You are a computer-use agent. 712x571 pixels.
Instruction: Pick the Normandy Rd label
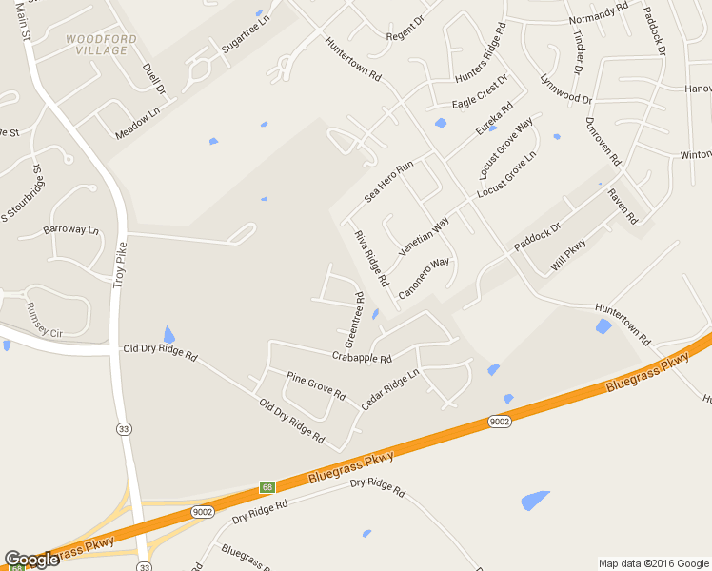599,12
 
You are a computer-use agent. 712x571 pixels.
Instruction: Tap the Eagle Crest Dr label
481,91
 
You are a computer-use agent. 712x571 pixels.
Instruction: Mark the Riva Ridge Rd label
371,258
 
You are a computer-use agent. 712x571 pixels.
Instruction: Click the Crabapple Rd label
362,358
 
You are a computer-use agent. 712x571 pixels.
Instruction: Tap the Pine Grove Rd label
316,384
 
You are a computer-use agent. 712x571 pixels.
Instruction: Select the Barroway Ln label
70,230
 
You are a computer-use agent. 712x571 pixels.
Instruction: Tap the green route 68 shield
267,487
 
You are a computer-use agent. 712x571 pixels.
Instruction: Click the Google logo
31,560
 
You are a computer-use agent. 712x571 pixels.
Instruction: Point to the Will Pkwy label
569,257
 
